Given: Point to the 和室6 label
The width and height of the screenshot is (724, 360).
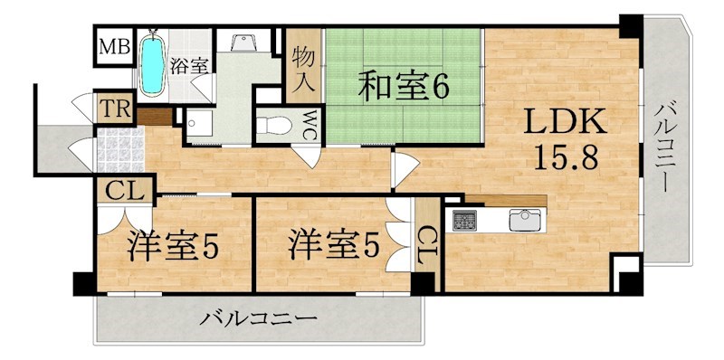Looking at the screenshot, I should (x=405, y=89).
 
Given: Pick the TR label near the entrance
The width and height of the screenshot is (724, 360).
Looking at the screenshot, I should (x=115, y=110).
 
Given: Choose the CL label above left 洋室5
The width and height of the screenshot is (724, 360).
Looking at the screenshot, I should (x=120, y=191).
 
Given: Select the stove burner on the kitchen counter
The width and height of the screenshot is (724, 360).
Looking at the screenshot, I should (x=466, y=220).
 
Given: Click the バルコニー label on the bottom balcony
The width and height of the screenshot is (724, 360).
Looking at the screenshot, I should (x=259, y=319).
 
